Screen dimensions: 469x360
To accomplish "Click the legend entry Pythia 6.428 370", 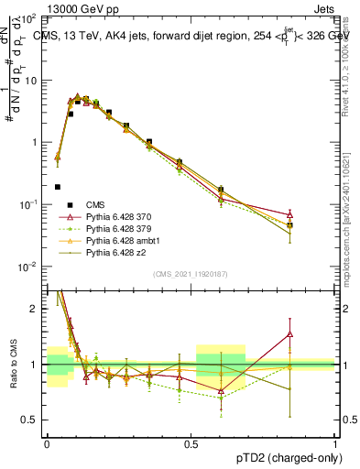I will pos(115,216).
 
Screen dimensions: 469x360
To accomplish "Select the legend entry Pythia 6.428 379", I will pos(115,228).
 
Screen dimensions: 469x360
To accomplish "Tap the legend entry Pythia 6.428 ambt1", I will pos(118,240).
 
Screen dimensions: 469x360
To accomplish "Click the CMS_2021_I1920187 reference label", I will pos(190,273).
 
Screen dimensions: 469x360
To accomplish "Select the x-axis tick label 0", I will pos(47,442).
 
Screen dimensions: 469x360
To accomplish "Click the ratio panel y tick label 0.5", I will pos(31,420).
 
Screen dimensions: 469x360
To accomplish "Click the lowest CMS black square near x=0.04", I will pos(58,187).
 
